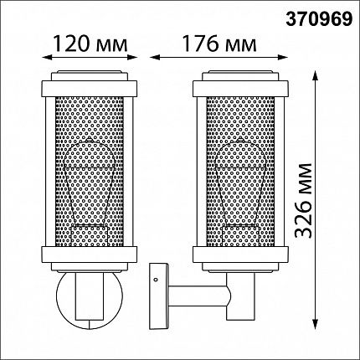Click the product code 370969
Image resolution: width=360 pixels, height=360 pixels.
point(319,19)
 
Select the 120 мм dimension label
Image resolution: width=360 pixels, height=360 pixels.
point(90,44)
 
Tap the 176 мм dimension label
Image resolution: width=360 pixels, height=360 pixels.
point(219,44)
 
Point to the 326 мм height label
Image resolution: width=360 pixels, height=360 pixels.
point(303,200)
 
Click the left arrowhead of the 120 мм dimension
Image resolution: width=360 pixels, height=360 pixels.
point(46,57)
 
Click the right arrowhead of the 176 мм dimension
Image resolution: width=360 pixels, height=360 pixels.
point(284,58)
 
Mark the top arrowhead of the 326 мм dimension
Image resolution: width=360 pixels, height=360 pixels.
point(315,75)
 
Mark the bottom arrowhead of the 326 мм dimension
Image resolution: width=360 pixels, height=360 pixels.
point(315,324)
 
